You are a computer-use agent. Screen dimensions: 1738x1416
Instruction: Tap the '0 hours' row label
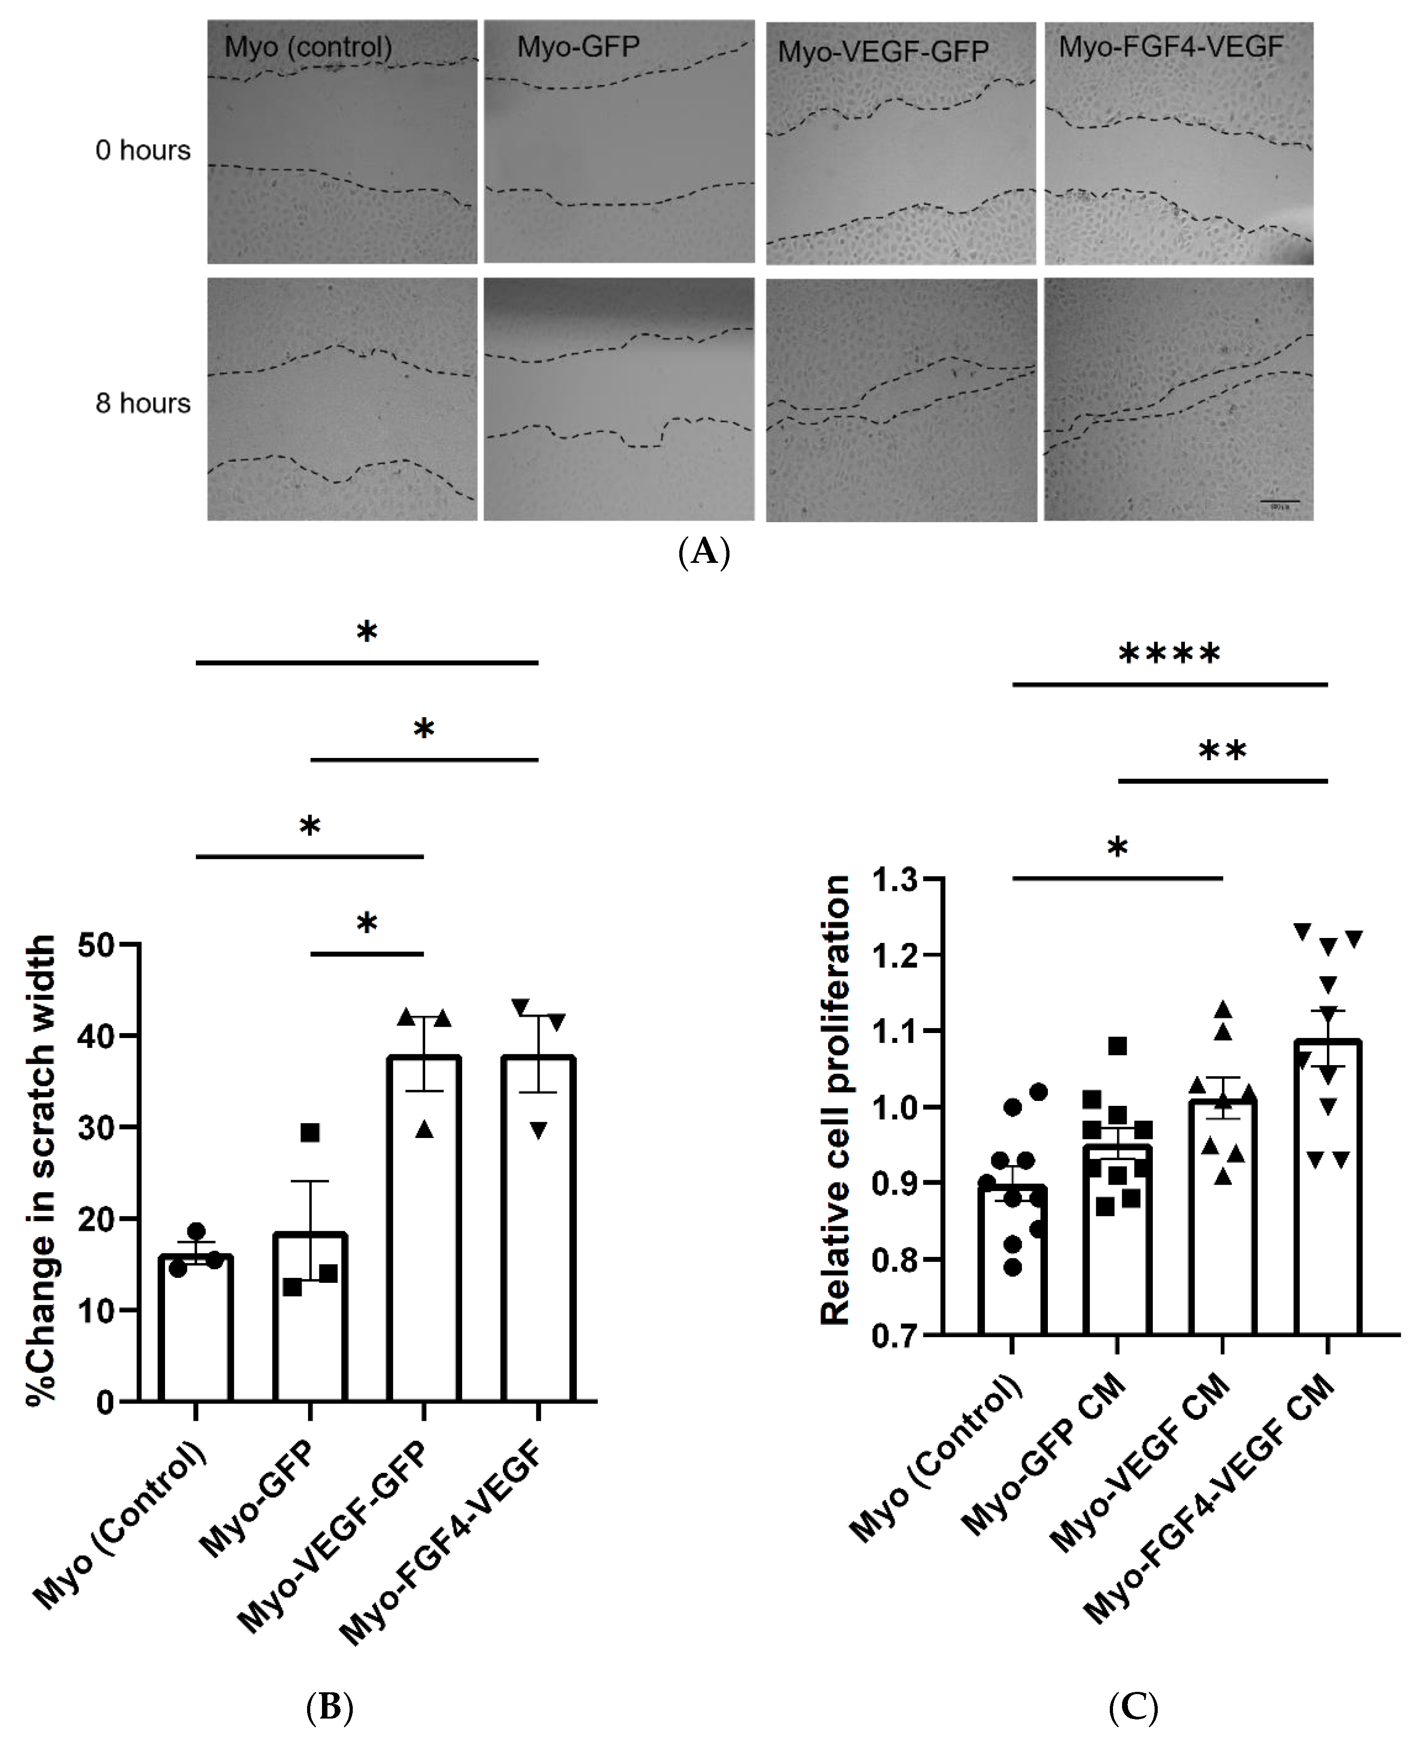click(x=143, y=151)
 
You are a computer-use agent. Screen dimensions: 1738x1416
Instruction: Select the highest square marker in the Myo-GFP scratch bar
click(x=310, y=1133)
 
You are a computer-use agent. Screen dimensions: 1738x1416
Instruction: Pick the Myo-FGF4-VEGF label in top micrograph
click(x=1170, y=48)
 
